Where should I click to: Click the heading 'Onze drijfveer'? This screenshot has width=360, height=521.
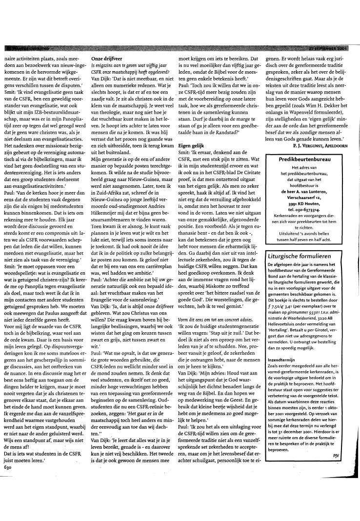(x=106, y=57)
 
